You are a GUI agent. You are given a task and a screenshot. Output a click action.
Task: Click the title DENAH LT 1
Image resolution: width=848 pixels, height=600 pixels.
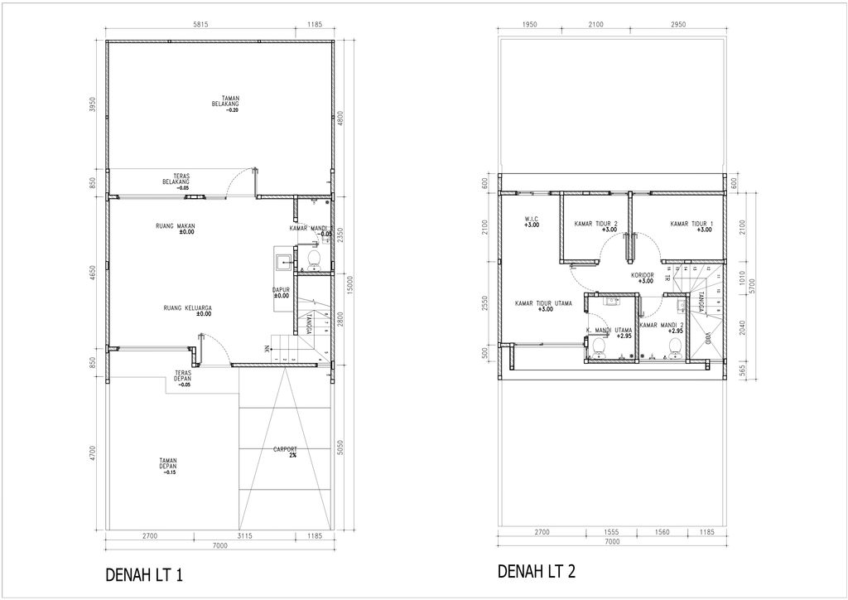[x=144, y=575]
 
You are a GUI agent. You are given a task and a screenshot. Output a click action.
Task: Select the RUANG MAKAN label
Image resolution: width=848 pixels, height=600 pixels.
[x=175, y=229]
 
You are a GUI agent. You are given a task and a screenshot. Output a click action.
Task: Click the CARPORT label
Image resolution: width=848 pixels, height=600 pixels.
[x=286, y=452]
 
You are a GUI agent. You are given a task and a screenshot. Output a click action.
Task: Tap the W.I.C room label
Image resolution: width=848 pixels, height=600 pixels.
[x=532, y=222]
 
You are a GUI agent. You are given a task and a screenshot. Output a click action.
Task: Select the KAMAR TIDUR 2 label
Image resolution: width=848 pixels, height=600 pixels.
[x=596, y=225]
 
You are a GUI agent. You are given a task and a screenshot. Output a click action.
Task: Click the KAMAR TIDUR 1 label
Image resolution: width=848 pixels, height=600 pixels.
[x=691, y=225]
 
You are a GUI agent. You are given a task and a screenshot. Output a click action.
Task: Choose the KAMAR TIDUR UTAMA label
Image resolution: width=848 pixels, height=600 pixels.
[x=543, y=306]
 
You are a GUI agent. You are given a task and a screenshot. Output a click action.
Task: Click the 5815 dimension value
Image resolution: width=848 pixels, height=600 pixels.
[x=200, y=25]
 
